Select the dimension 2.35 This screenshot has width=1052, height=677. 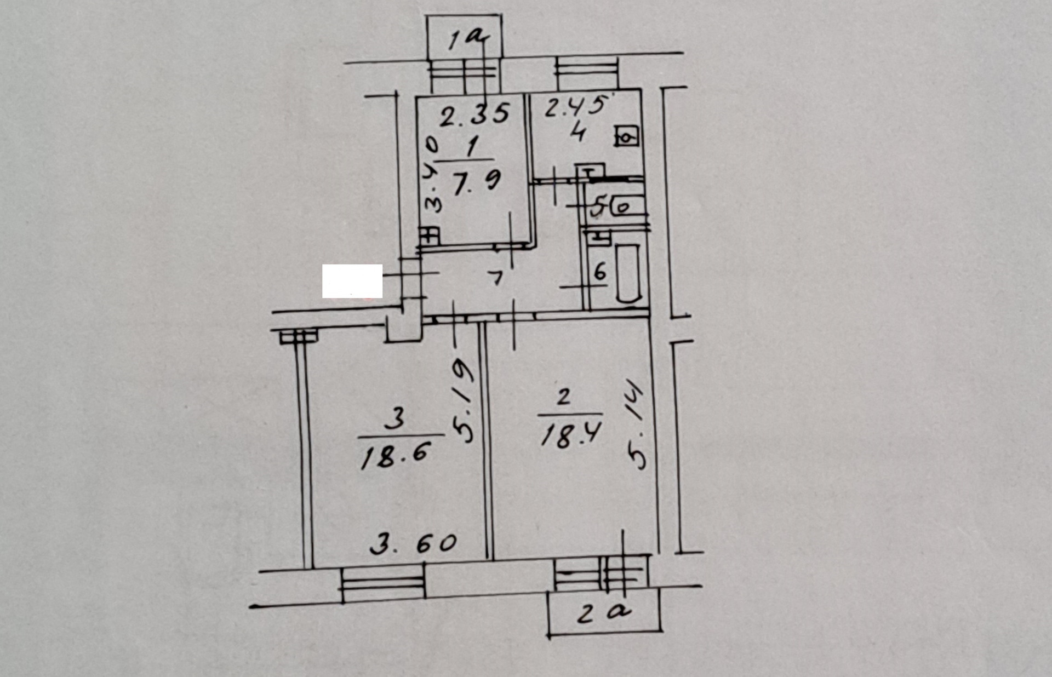tap(475, 116)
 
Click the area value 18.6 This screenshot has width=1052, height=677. tap(395, 455)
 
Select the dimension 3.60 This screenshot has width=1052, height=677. tap(413, 544)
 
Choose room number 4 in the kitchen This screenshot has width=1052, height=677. tap(578, 133)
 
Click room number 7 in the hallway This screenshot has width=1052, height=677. tap(496, 278)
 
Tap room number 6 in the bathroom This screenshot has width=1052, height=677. tap(601, 271)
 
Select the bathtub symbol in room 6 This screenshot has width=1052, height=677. tap(628, 273)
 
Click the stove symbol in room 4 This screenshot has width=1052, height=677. tap(627, 136)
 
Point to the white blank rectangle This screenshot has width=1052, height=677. tap(352, 281)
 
